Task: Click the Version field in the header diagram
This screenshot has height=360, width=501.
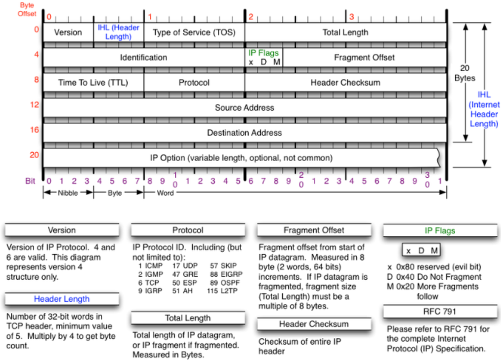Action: (68, 33)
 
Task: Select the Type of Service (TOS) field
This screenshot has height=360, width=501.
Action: (194, 33)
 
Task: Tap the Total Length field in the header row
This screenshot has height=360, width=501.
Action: (345, 33)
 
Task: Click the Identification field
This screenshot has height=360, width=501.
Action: (143, 58)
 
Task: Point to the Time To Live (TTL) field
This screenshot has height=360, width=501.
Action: (93, 83)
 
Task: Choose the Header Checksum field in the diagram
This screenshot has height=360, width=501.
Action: (345, 83)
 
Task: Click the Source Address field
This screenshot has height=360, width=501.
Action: (244, 107)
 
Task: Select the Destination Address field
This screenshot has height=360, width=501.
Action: (244, 132)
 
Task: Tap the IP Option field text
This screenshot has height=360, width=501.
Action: (241, 158)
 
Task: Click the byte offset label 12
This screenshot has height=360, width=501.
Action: (34, 104)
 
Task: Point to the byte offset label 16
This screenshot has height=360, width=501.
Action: (34, 130)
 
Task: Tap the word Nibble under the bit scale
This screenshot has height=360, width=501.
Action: (68, 193)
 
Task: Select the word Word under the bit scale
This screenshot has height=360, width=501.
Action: (165, 193)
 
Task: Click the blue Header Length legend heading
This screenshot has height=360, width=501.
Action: (62, 299)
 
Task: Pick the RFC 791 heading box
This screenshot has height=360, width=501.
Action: (440, 311)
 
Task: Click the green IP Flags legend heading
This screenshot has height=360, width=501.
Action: (440, 230)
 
